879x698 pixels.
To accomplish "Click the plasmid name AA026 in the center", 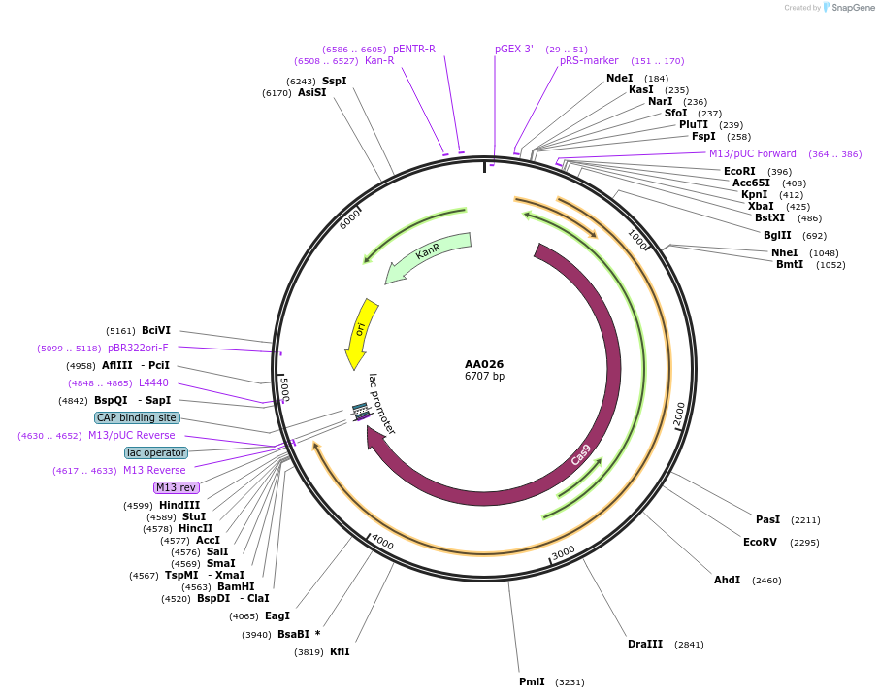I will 484,364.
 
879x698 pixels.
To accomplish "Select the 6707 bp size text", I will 484,377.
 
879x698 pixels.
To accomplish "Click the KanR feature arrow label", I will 428,252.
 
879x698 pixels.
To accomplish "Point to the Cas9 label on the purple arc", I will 581,454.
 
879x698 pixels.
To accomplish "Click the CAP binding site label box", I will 137,418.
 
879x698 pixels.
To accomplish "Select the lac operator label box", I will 155,452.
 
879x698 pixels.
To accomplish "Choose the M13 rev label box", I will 176,487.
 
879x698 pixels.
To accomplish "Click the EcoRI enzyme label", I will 739,171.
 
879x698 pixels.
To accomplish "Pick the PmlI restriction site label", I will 532,681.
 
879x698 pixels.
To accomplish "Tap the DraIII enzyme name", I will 645,644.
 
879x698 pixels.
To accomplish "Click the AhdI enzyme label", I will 727,580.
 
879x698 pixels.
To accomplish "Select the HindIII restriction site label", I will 179,505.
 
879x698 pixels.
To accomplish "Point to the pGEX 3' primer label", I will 514,49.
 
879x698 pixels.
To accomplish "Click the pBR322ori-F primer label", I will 138,348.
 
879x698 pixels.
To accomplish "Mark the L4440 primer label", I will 153,383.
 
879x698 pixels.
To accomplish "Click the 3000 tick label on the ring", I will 564,552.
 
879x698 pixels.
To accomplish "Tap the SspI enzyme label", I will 334,81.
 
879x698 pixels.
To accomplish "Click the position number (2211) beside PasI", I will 805,520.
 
